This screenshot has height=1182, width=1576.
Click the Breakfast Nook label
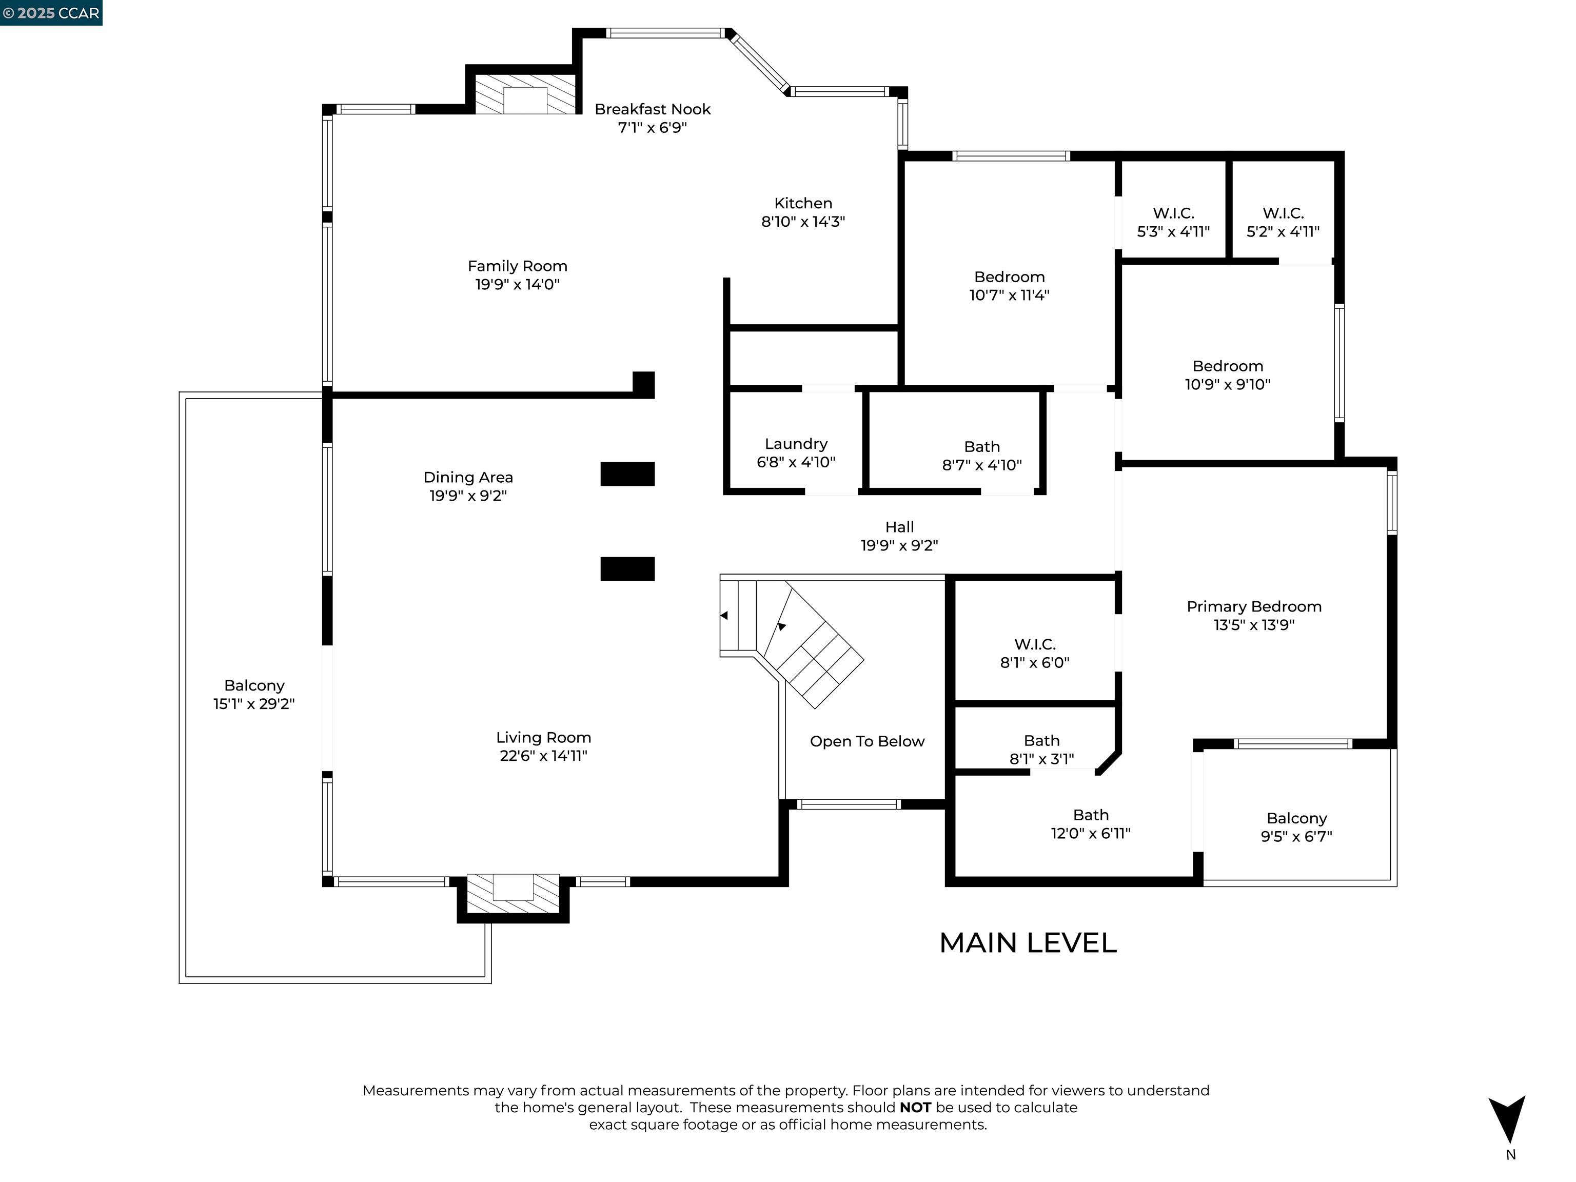652,109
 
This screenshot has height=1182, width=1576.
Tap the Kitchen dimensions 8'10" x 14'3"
802,222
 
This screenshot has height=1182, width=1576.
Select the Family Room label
517,266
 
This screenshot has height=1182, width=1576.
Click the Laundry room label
796,444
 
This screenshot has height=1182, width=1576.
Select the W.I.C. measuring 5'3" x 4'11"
1173,222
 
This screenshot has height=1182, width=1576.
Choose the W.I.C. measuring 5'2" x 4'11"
1283,222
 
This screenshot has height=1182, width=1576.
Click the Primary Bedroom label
1253,606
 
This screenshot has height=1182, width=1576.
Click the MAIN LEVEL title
1028,942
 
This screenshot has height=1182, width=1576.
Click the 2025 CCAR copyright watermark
51,13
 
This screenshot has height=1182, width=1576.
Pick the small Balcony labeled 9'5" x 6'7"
1296,826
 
